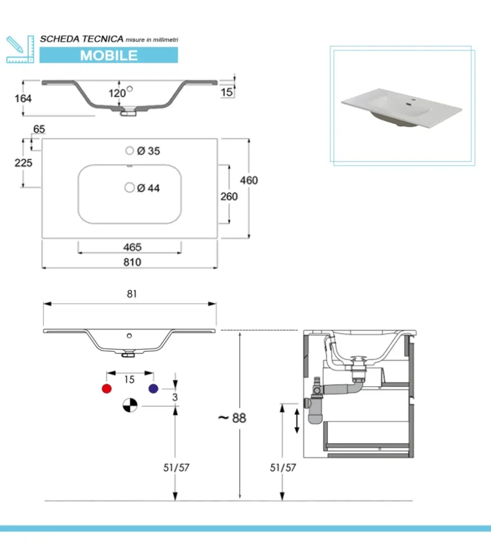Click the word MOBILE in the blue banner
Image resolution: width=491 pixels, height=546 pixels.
coord(108,55)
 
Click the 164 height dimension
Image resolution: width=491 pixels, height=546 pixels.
coord(23,98)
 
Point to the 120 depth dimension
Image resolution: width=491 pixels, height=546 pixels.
coord(117,93)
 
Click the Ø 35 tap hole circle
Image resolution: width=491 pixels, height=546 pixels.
coord(130,150)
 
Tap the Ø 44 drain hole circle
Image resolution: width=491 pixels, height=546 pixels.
coord(130,187)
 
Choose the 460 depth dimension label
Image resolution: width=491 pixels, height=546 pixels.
coord(248,180)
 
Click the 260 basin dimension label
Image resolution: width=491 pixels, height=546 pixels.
coord(229,196)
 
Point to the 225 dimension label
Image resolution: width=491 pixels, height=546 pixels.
coord(23,163)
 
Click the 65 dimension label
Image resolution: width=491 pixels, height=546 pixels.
coord(38,129)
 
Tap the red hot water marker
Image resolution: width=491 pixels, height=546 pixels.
coord(106,388)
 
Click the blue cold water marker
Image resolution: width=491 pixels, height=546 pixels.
coord(153,388)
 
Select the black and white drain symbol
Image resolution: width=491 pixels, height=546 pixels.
coord(130,405)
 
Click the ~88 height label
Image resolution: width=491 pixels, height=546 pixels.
coord(232,418)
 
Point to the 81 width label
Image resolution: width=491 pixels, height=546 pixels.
coord(131,294)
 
